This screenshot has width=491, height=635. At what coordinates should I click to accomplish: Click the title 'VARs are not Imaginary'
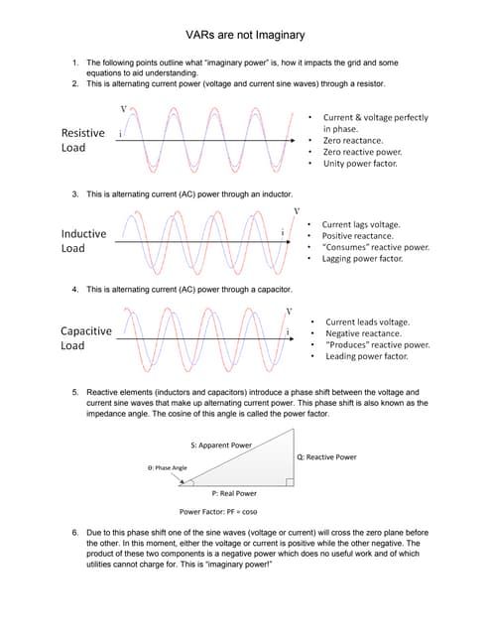tap(245, 35)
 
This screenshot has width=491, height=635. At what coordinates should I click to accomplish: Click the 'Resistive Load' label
tap(82, 140)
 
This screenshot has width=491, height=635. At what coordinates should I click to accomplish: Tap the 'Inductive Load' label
tap(83, 241)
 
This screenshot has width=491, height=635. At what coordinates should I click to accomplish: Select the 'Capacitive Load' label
tap(86, 338)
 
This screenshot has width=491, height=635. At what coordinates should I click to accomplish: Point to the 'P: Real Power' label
tap(234, 493)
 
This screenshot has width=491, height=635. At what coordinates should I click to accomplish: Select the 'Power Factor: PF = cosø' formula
tap(218, 512)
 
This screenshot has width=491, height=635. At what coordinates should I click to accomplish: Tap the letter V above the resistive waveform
tap(123, 108)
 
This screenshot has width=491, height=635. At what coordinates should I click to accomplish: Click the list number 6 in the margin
tap(75, 533)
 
